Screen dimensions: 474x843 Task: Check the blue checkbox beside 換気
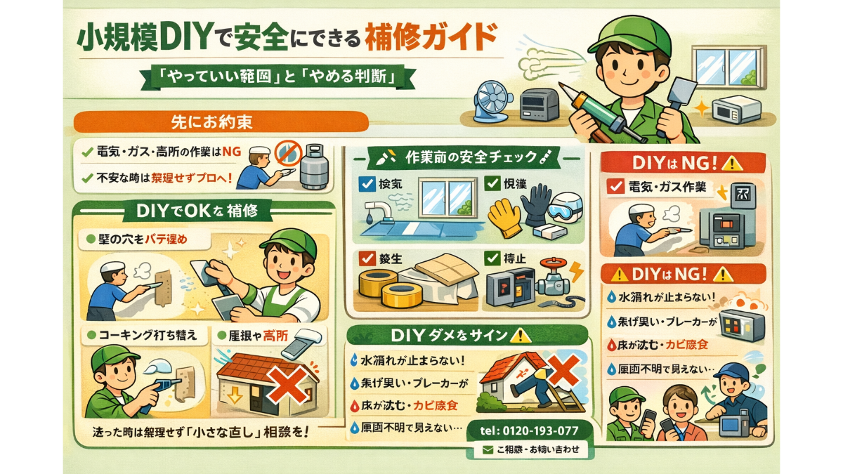coord(365,185)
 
